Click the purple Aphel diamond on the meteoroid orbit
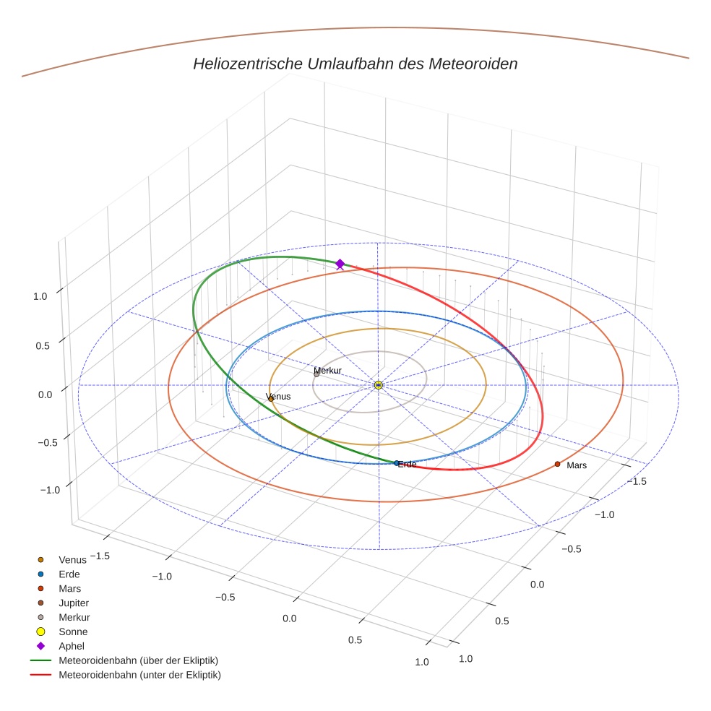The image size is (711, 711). tap(340, 264)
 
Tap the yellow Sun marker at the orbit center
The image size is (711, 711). tap(378, 385)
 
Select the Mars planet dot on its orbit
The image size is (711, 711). tap(557, 464)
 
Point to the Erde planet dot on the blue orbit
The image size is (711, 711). tap(397, 462)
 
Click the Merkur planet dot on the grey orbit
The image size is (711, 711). tap(316, 374)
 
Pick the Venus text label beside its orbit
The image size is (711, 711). tap(279, 397)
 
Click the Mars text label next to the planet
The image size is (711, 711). tap(577, 465)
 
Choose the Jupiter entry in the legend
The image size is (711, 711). tap(74, 603)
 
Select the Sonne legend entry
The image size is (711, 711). tap(73, 632)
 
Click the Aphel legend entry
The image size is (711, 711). tap(72, 646)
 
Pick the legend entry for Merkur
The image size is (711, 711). tap(74, 617)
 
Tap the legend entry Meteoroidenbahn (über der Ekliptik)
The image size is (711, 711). tap(138, 660)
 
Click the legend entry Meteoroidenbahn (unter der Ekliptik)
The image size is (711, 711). tap(139, 675)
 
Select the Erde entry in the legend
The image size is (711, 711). tap(69, 574)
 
